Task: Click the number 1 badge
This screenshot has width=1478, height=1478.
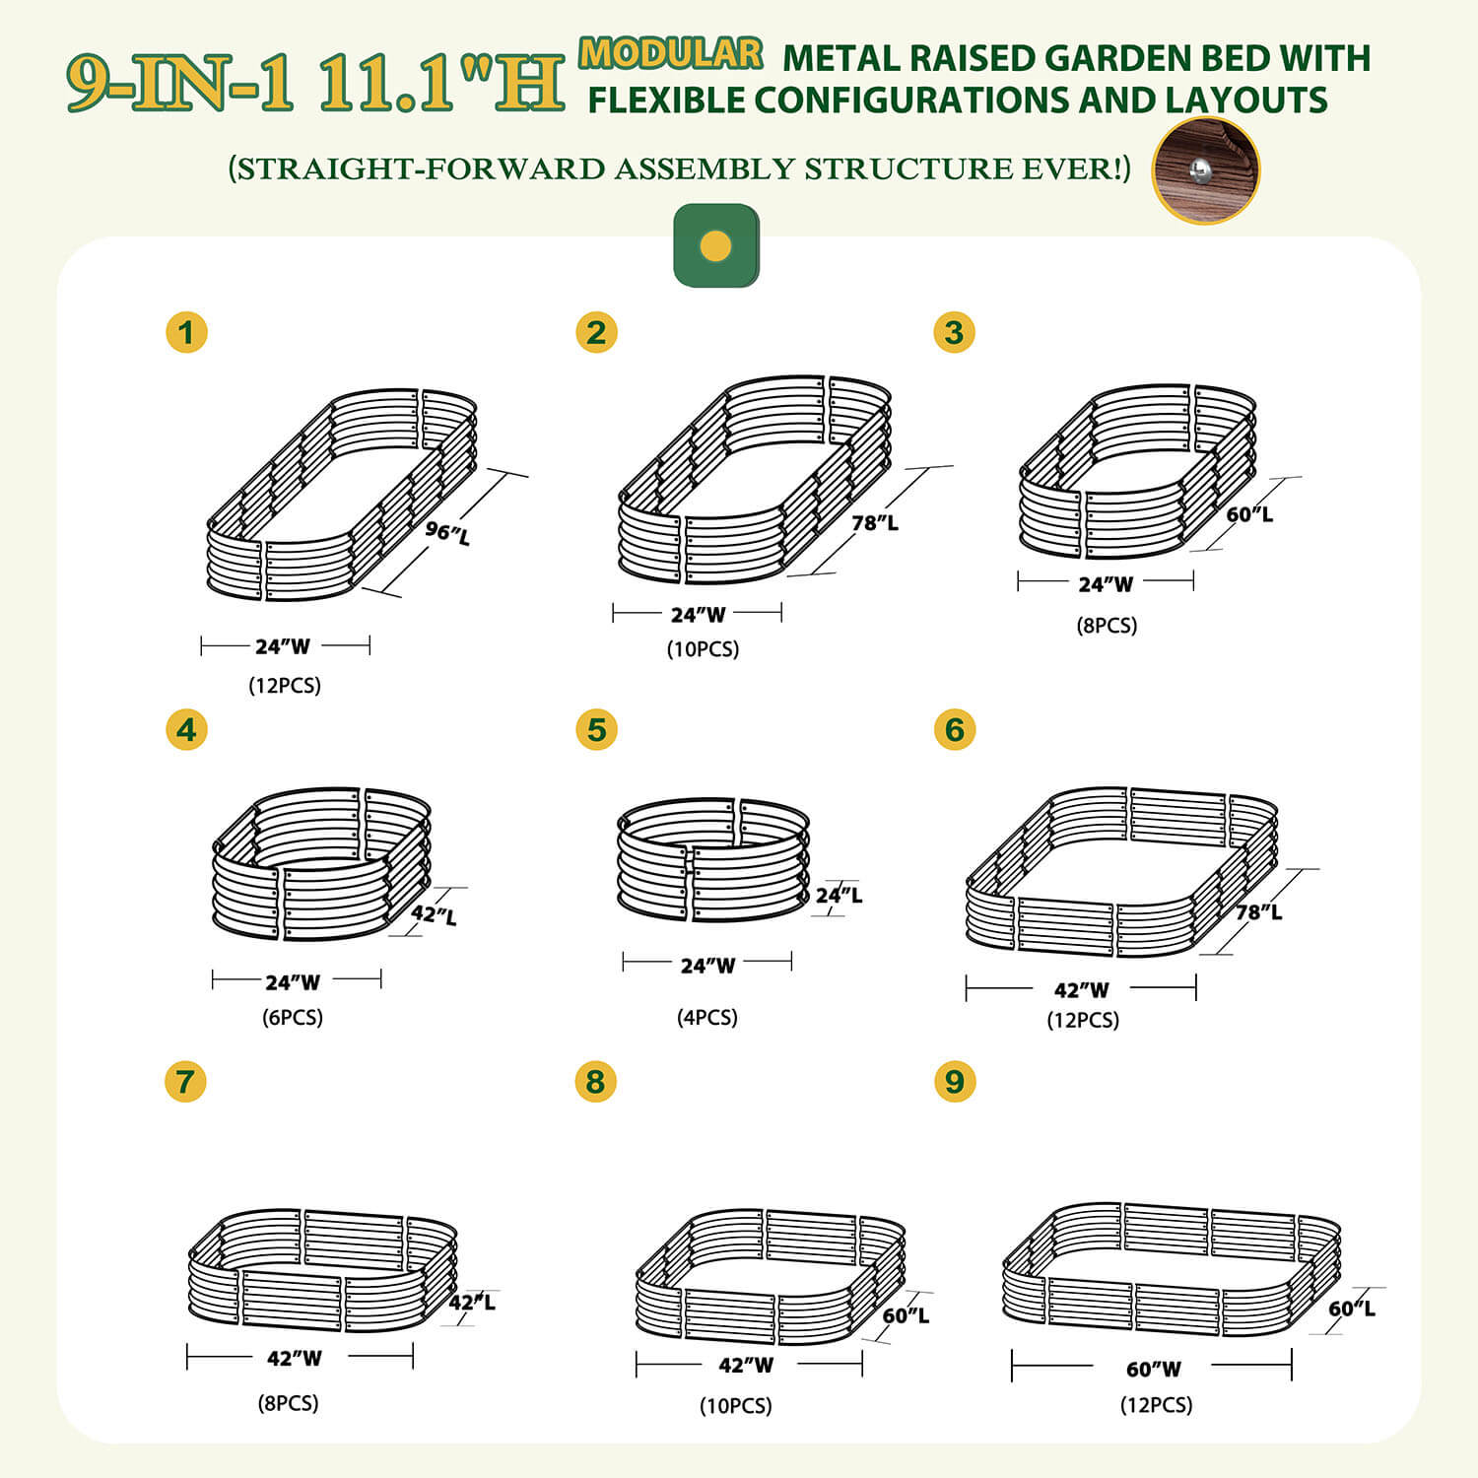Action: pos(186,332)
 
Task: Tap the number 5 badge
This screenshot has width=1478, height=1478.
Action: pos(596,730)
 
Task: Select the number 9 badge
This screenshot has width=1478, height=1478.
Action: pos(954,1081)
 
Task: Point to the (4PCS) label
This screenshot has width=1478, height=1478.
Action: pos(707,1017)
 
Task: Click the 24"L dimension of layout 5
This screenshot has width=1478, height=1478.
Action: pos(839,895)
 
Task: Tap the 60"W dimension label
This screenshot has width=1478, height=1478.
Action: pos(1154,1369)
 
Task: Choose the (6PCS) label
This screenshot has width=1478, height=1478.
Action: pos(293,1017)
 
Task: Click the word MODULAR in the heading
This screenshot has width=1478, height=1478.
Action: pos(670,53)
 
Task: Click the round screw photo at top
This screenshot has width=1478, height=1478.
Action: pos(1205,170)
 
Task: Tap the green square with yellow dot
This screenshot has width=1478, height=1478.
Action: pos(716,245)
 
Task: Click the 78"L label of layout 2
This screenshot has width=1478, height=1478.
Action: pos(875,522)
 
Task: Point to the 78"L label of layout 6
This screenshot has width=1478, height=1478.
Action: pos(1258,911)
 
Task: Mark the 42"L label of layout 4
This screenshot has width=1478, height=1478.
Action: pos(434,914)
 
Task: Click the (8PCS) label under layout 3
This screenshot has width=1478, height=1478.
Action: pos(1107,625)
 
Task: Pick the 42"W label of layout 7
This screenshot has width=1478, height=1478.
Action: pos(294,1358)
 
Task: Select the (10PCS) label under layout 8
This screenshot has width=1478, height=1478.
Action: pos(736,1405)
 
